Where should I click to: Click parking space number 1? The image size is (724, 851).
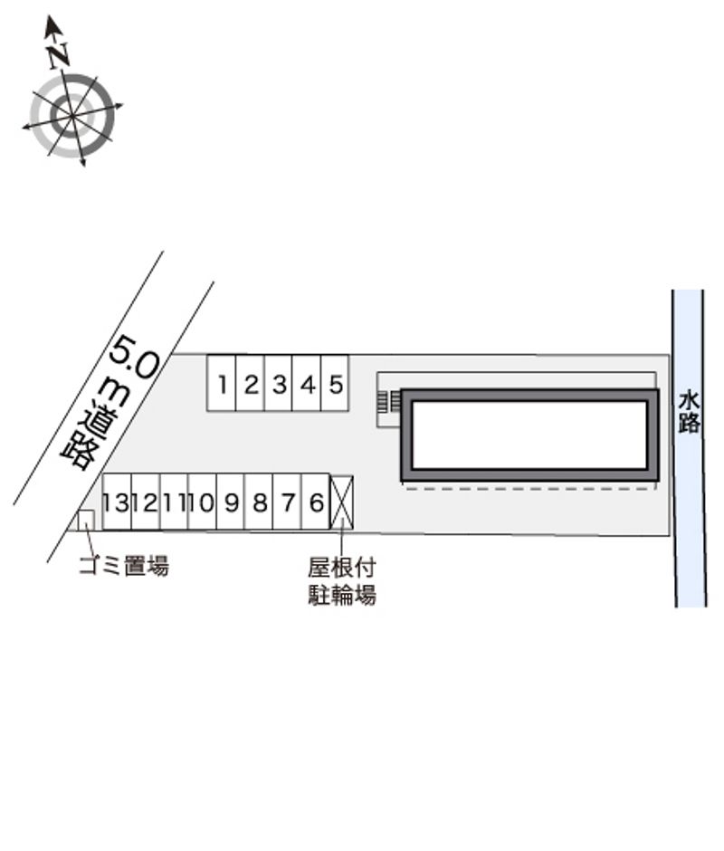point(222,383)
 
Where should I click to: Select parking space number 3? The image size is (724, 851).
point(279,383)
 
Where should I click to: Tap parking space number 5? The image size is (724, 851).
point(335,383)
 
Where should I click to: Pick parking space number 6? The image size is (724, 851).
point(315,502)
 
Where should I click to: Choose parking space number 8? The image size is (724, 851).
point(259,502)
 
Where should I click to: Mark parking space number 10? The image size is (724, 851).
point(203,502)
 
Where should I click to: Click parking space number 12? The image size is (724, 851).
point(146,502)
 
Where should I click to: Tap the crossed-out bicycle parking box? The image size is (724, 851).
point(342,502)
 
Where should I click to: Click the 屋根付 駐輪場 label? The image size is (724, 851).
point(342,580)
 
